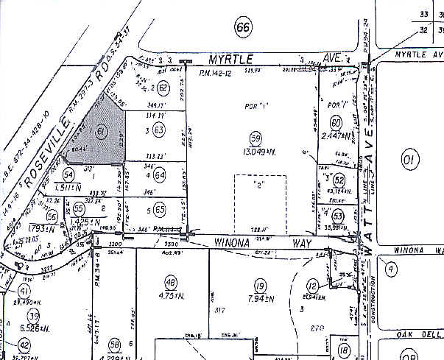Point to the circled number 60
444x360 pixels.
(x=336, y=122)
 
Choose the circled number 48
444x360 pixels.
(x=172, y=284)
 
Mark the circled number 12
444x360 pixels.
(x=313, y=286)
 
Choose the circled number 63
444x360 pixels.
(x=158, y=131)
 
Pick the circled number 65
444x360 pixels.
(x=160, y=209)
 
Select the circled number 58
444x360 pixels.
(x=114, y=345)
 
